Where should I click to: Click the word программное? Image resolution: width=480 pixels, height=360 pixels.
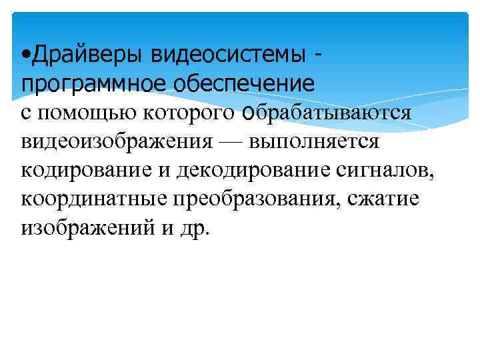85,83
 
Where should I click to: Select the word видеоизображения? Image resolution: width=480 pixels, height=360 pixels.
117,141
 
